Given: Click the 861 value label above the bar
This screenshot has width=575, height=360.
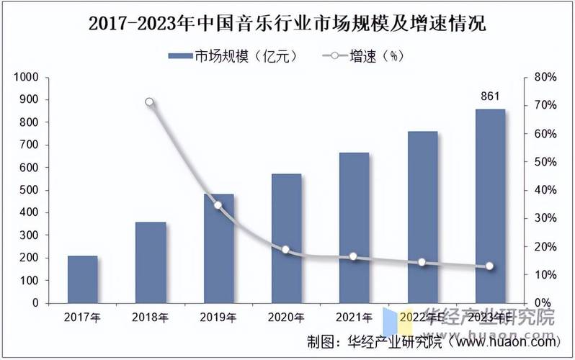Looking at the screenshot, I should point(490,96).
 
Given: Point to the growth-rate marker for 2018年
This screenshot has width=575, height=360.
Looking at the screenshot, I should point(150,102).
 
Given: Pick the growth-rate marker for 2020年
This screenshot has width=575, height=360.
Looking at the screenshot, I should point(286,250).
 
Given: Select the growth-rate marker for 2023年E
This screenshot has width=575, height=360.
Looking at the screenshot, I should point(490,266).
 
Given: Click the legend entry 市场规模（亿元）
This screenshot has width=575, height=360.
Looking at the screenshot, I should point(232,55).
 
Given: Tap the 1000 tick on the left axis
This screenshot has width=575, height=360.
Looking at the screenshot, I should point(26,77).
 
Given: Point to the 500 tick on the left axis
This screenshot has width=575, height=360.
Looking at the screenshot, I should point(30,190).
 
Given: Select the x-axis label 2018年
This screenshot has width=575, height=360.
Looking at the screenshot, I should point(151,317).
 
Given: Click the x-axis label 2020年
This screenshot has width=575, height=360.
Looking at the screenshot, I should point(286,317).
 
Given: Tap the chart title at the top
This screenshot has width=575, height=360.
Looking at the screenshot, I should point(287,24).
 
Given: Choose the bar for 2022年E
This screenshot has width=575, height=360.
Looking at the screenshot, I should point(422,217).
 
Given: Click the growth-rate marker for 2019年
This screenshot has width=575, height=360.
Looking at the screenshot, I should point(218,205).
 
